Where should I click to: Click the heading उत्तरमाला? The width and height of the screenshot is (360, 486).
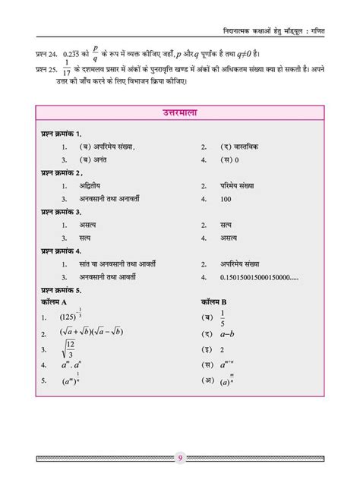click(x=180, y=114)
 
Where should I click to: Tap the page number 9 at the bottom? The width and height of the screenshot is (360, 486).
click(x=181, y=457)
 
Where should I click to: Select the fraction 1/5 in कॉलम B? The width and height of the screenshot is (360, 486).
click(x=223, y=317)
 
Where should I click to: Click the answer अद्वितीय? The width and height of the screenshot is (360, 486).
click(x=94, y=185)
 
